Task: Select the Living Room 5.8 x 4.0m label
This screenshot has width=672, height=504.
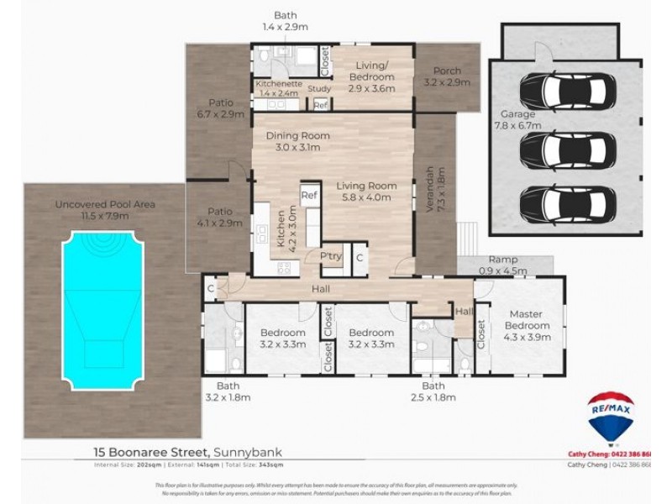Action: click(x=366, y=192)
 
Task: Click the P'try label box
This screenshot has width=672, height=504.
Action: click(x=330, y=257)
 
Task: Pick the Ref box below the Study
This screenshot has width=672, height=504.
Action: click(x=320, y=105)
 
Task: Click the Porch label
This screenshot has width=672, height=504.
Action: click(x=446, y=77)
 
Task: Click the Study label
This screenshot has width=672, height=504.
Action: click(x=319, y=88)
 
